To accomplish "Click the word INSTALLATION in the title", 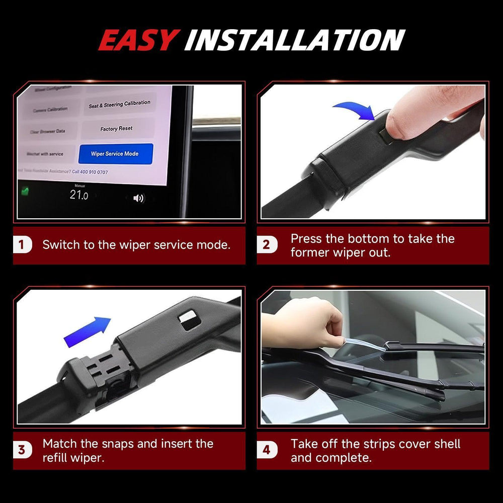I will point(294,40).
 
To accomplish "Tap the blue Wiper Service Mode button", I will point(115,153).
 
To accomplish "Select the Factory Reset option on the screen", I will point(116,129).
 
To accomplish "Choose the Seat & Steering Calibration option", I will point(119,105).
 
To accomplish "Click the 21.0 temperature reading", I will point(78,195).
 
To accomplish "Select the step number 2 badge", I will point(266,245).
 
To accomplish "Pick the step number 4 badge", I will point(266,450).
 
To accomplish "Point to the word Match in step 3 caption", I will point(60,444).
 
